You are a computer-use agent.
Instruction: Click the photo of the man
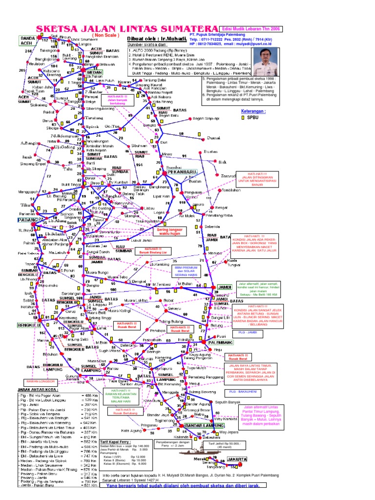(x=266, y=62)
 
